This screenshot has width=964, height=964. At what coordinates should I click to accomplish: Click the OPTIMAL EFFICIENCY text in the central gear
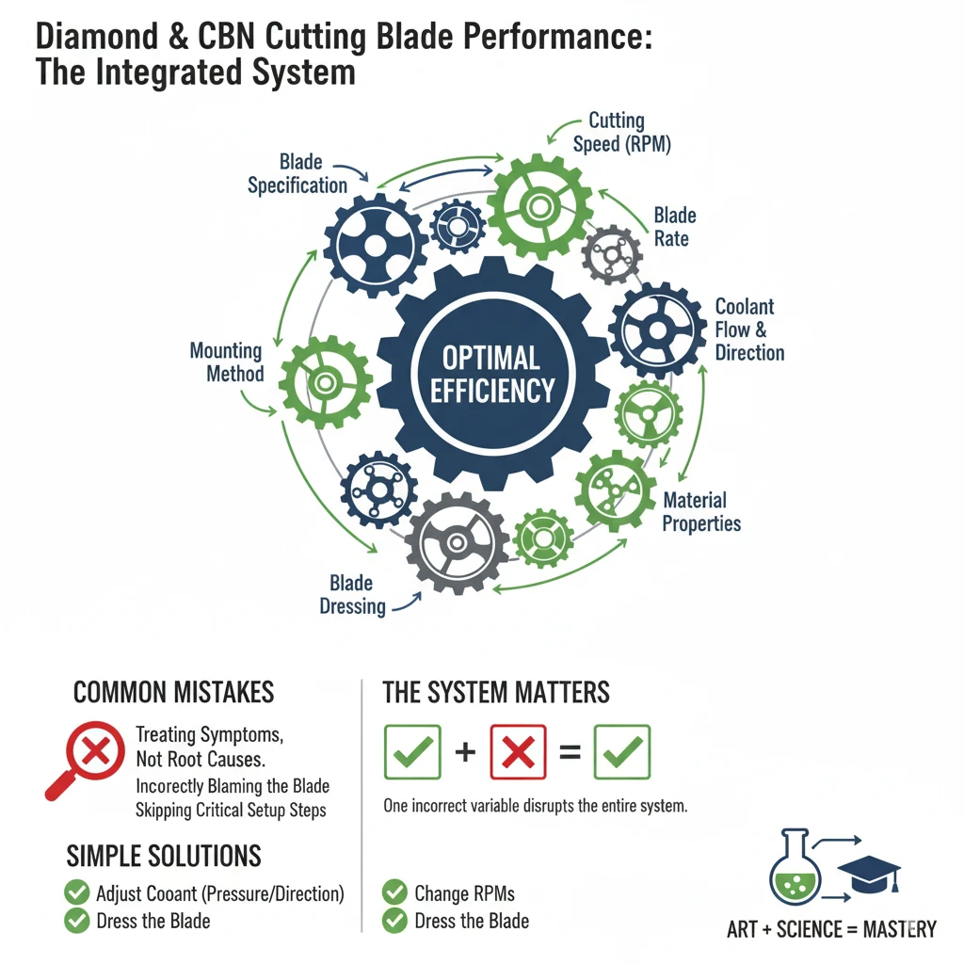(x=491, y=373)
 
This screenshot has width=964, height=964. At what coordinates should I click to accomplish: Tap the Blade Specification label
(x=297, y=173)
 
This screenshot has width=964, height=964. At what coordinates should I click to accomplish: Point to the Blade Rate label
(x=673, y=227)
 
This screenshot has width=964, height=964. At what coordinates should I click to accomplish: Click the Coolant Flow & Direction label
(x=749, y=329)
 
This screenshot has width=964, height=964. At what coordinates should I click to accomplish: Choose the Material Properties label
(x=700, y=511)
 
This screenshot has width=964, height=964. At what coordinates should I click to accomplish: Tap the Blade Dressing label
(x=353, y=595)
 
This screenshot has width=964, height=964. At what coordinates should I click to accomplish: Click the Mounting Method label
(x=227, y=361)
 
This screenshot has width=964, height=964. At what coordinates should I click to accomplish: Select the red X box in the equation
(x=518, y=751)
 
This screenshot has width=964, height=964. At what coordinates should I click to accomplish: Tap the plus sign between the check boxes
(x=465, y=752)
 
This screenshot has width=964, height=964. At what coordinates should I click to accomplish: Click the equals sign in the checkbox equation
(x=570, y=752)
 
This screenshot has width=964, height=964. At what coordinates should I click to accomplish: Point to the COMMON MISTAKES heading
(x=173, y=693)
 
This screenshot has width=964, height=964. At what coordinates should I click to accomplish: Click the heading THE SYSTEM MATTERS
(x=495, y=693)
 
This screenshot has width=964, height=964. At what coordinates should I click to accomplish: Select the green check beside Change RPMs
(x=394, y=892)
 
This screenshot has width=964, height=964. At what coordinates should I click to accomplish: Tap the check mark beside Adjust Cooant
(x=76, y=892)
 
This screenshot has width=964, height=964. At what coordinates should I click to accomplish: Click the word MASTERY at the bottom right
(x=898, y=930)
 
